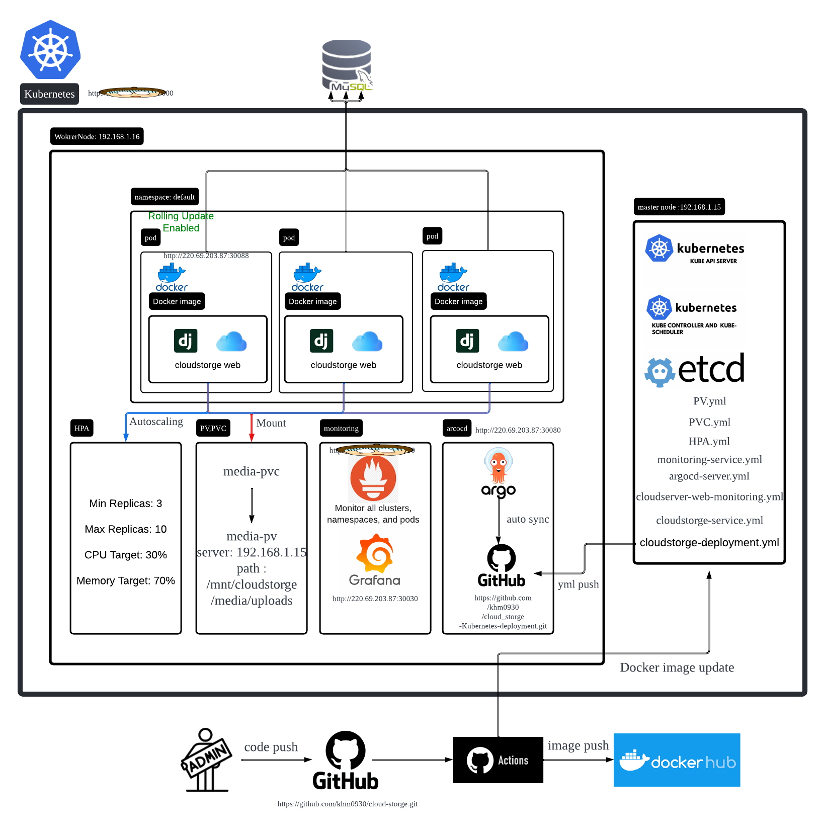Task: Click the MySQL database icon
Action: click(x=347, y=65)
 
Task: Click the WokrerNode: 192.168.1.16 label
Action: click(x=97, y=136)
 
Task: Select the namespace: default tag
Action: click(x=164, y=197)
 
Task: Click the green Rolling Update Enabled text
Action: click(x=181, y=222)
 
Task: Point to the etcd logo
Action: click(x=695, y=370)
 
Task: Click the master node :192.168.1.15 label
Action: click(x=679, y=207)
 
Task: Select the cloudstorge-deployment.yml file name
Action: click(x=709, y=543)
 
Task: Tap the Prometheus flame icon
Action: click(x=373, y=478)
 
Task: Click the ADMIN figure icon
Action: click(x=206, y=760)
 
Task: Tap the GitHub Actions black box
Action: click(x=498, y=760)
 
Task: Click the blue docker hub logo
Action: click(x=677, y=760)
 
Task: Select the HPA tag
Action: click(x=81, y=428)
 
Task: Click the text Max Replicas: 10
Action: click(x=126, y=529)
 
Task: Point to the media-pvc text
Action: click(x=251, y=471)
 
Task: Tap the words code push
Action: click(x=271, y=747)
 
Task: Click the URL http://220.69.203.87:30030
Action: click(x=375, y=599)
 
